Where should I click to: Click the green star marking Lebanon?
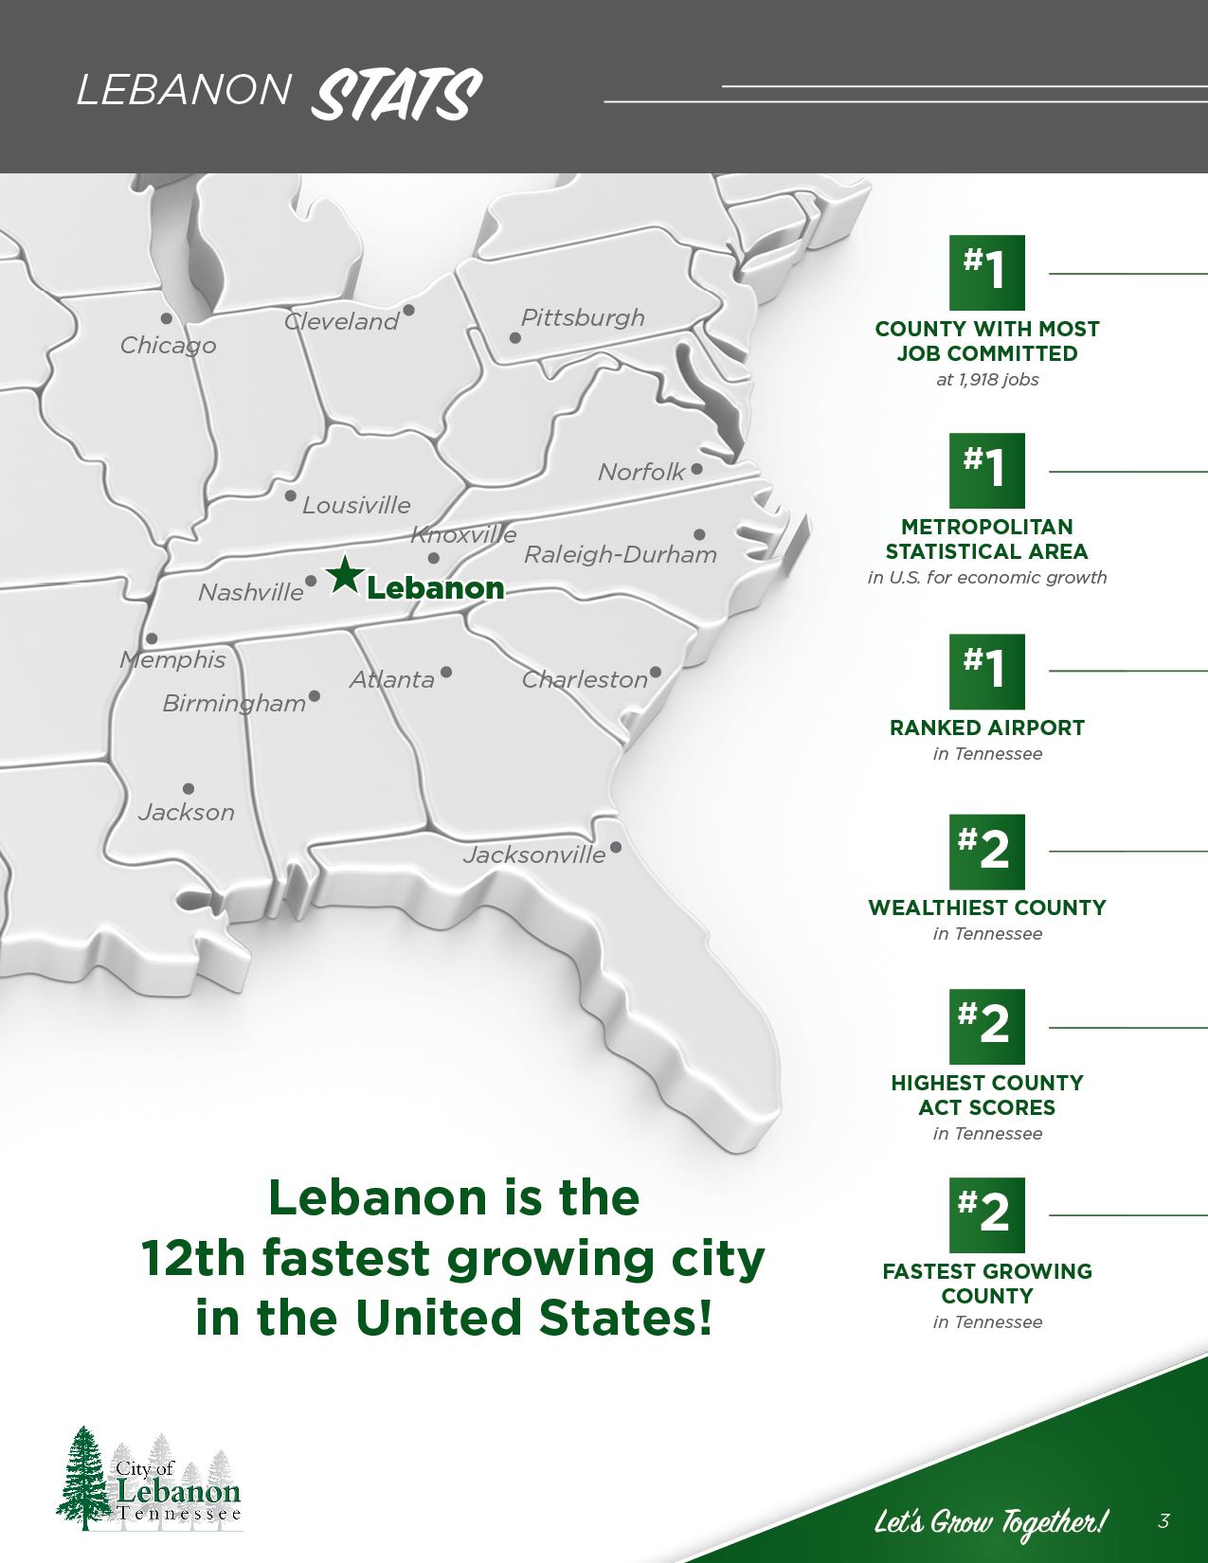click(x=345, y=575)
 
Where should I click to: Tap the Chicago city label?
click(x=168, y=346)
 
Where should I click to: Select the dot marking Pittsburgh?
click(x=515, y=338)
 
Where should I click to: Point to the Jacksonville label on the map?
click(x=534, y=855)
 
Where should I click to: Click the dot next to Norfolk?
click(x=697, y=469)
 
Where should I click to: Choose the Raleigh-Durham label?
click(x=621, y=555)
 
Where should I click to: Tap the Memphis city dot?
click(x=152, y=639)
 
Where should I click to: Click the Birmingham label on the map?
click(x=234, y=704)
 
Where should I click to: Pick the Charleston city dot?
click(x=656, y=673)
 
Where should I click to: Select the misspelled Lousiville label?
click(x=356, y=506)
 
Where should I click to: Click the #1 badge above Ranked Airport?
click(x=987, y=672)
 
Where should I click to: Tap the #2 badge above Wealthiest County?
click(x=987, y=852)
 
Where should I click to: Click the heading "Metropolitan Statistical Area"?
click(x=987, y=539)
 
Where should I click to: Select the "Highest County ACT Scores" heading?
click(x=987, y=1095)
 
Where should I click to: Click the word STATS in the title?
click(x=397, y=95)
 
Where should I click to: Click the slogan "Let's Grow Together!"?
click(x=989, y=1522)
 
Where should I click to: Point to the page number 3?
click(x=1163, y=1521)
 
